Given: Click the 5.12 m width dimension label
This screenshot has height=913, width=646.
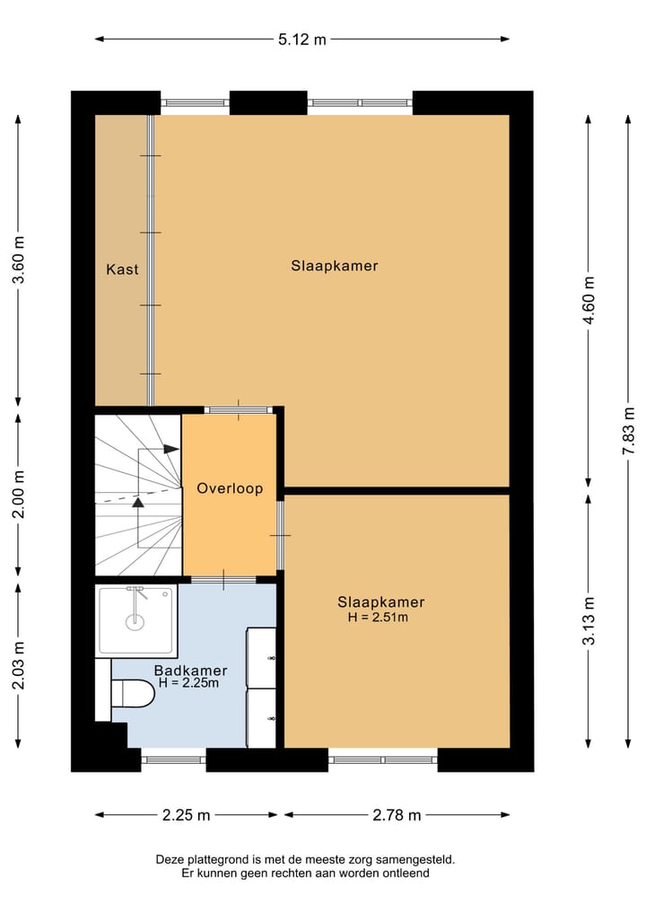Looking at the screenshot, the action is [302, 40].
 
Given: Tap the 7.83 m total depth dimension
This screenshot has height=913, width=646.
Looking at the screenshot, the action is [629, 432].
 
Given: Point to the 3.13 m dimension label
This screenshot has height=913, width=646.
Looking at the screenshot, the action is [589, 620].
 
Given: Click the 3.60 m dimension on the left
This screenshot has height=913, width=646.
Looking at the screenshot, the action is [19, 259].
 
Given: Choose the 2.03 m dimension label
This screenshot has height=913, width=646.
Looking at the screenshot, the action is [19, 665].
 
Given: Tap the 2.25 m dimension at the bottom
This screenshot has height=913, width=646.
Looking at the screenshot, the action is [187, 815].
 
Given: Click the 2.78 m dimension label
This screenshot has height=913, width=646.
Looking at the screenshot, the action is [397, 815].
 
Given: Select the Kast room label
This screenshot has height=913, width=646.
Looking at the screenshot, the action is [122, 269].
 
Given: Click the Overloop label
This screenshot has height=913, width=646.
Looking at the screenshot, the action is [230, 488].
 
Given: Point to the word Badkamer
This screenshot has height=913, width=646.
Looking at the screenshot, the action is [190, 671].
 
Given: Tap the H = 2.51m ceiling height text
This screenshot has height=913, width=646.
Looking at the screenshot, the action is [378, 618].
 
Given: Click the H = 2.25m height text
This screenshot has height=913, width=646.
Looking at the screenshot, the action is [189, 683].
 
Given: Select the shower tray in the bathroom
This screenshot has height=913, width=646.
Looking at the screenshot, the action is [135, 620].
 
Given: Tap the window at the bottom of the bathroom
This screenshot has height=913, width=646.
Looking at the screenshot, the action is [173, 759].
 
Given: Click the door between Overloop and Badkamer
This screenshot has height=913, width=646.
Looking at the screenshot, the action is [223, 579].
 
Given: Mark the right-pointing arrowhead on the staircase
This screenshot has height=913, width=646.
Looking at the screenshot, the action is [171, 449].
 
